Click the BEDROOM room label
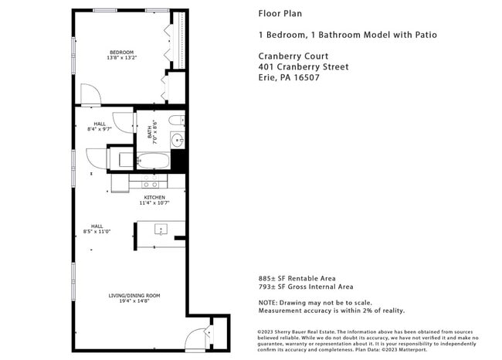tap(121, 52)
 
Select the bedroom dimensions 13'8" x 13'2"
tap(121, 58)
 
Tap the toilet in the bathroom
tap(176, 120)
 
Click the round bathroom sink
tap(178, 140)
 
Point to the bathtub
tap(153, 161)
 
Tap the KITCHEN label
tap(154, 197)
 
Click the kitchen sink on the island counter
tap(161, 229)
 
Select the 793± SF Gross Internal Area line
tap(307, 287)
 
